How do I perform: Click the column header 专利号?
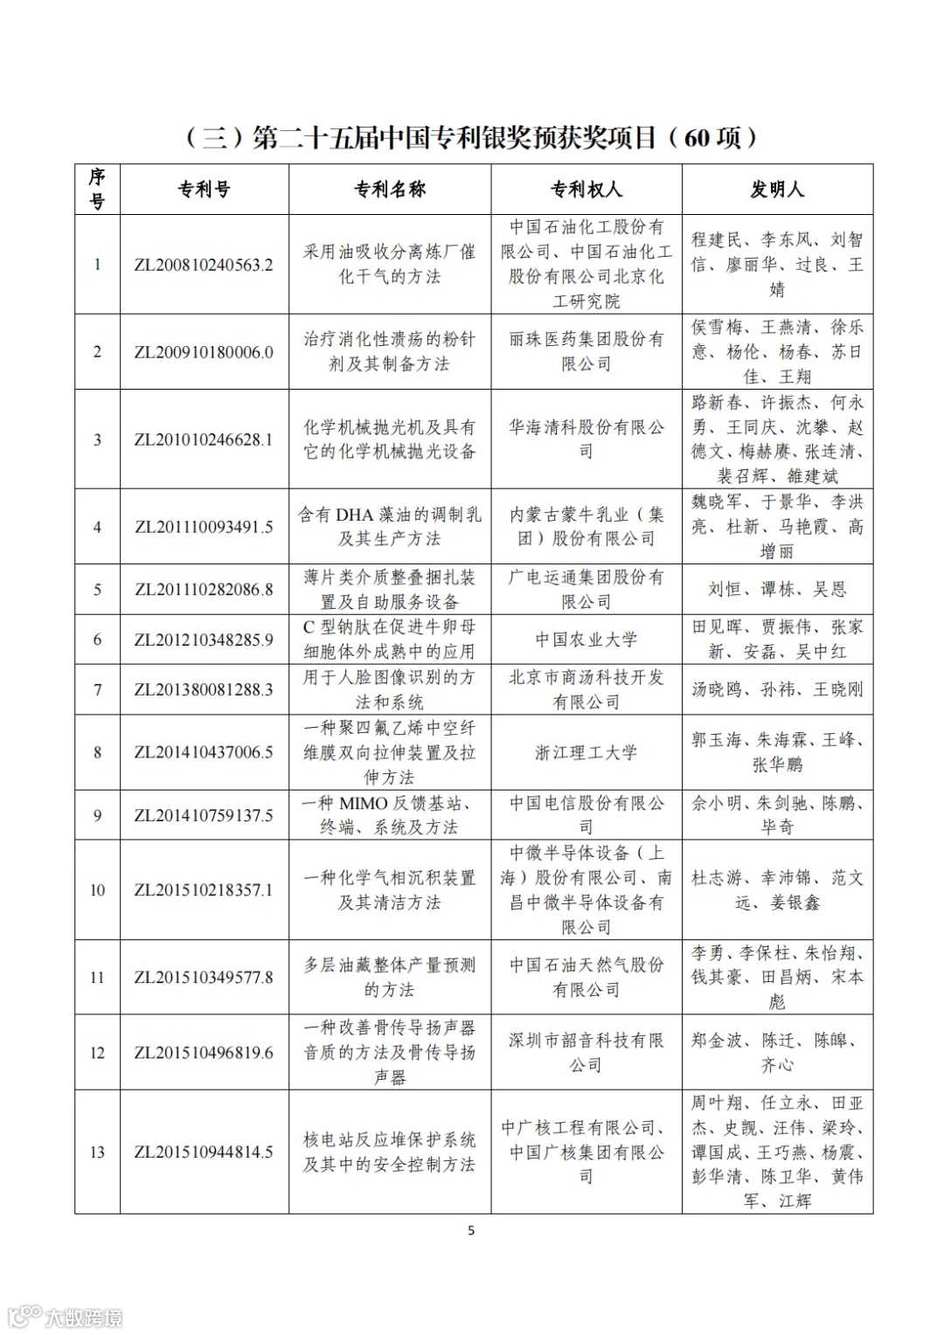point(204,190)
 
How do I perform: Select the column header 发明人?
point(777,190)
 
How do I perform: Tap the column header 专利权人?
point(586,190)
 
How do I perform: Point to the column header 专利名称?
point(389,190)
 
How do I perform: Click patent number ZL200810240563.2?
point(204,265)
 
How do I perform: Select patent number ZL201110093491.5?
point(204,527)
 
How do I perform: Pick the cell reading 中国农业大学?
point(586,640)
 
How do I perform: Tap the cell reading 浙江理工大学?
point(586,752)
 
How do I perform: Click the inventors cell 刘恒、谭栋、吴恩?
point(777,590)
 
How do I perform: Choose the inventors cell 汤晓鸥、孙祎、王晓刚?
point(777,689)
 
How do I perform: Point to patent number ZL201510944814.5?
point(204,1152)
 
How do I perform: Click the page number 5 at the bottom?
point(472,1231)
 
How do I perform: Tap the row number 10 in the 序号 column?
point(97,890)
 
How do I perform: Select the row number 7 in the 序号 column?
point(97,689)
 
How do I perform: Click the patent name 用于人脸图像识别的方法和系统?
point(389,689)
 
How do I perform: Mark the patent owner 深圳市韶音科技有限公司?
point(586,1052)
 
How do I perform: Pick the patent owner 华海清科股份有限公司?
point(586,439)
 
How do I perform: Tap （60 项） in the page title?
point(712,137)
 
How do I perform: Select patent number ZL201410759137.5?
point(204,815)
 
